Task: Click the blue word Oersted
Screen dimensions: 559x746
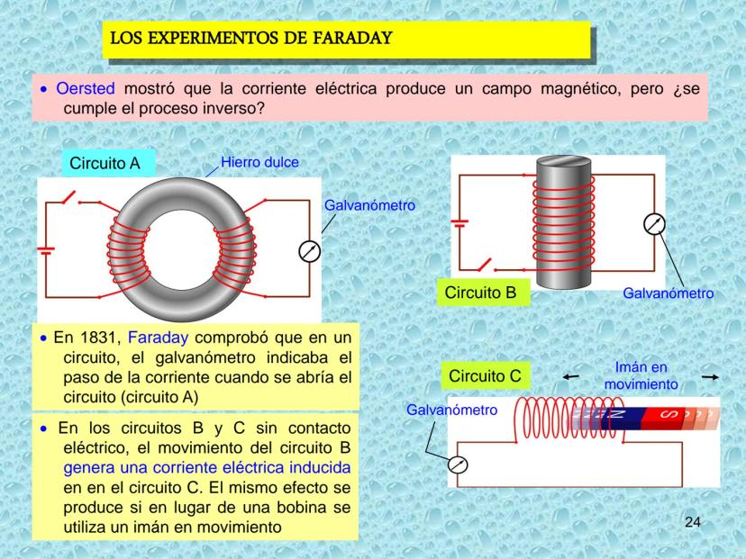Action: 86,89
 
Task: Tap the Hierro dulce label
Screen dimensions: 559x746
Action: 260,162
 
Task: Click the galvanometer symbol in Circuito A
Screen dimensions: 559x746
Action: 309,251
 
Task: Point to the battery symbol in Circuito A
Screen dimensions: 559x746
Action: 45,248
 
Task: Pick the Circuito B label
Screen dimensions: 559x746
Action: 480,292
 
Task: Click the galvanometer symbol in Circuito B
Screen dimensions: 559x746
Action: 654,225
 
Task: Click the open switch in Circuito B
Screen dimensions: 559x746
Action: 485,266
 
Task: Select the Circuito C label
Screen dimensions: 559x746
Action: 485,374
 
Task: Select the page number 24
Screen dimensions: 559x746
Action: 692,522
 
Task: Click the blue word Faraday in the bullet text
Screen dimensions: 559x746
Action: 159,338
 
